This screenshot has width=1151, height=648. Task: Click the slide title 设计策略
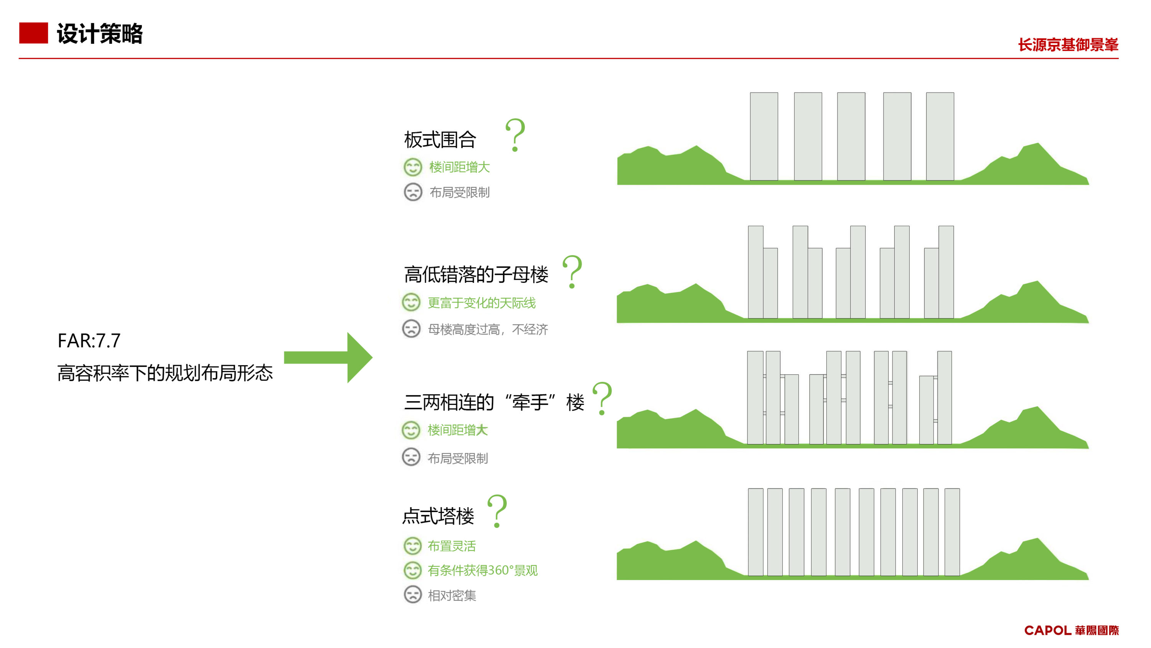click(x=100, y=33)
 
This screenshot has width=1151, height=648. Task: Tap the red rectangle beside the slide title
click(x=33, y=33)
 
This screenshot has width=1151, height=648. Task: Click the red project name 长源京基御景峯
click(x=1068, y=45)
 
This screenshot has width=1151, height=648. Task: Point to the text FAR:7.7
click(x=89, y=341)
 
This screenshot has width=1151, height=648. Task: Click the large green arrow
click(x=328, y=357)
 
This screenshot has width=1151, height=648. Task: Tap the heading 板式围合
click(x=440, y=139)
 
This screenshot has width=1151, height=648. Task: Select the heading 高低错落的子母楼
click(x=476, y=274)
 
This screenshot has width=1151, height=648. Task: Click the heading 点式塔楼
click(x=438, y=516)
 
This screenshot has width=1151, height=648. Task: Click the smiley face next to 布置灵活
click(x=412, y=546)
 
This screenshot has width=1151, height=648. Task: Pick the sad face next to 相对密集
click(x=412, y=595)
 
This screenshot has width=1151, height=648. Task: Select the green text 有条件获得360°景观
click(x=483, y=570)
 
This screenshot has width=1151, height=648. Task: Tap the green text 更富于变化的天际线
click(x=482, y=303)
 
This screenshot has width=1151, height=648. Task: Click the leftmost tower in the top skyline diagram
click(x=763, y=136)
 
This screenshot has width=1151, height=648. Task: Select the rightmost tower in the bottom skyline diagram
click(x=952, y=532)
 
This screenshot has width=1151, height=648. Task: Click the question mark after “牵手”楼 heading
click(x=602, y=398)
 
